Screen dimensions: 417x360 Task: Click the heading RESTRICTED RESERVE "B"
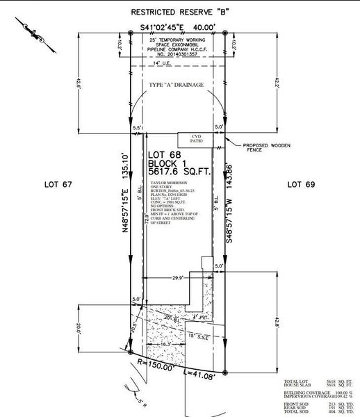tap(180, 13)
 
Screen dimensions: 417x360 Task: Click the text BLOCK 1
tap(167, 161)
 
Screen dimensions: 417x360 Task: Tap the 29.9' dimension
tap(177, 277)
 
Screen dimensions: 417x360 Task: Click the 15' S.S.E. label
tap(199, 336)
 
